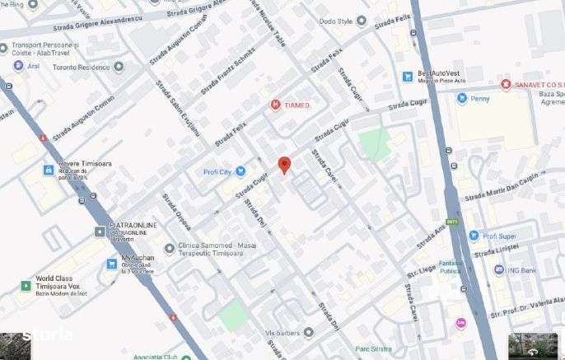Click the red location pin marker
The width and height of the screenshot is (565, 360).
(x=284, y=164)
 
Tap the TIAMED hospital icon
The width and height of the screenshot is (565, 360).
(x=276, y=105)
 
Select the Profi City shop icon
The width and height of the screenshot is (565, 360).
(x=240, y=171)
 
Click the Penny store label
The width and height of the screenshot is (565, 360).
(x=480, y=98)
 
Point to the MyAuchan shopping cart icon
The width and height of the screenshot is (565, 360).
(x=111, y=264)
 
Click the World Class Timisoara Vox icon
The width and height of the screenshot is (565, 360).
(x=26, y=286)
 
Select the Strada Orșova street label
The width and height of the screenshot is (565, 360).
(x=176, y=213)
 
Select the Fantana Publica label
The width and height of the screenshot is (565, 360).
(x=450, y=266)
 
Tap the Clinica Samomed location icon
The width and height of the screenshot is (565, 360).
(x=170, y=247)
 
